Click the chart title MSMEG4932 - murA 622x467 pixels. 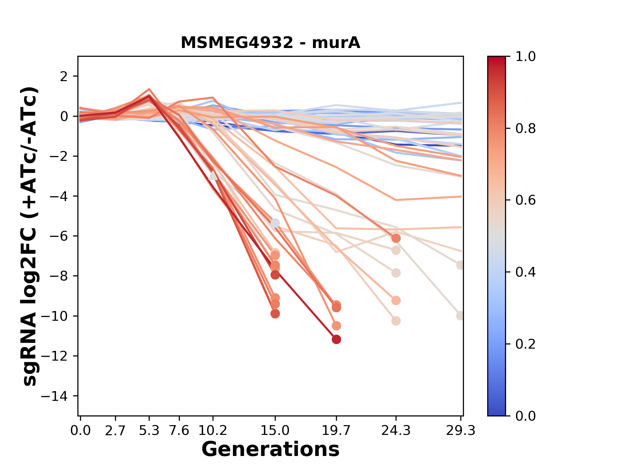pos(270,43)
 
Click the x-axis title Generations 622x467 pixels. pos(270,449)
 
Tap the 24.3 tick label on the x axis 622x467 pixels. pos(396,431)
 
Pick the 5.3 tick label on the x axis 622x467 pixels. pos(149,431)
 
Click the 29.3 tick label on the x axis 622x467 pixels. pos(460,431)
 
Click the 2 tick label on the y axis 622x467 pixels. pos(64,77)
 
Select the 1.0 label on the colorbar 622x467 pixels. pos(525,57)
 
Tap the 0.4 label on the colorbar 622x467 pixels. pos(525,272)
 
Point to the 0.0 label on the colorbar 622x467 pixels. pos(525,416)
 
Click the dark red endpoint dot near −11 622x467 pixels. pos(336,340)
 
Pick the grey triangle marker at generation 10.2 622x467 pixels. pos(213,176)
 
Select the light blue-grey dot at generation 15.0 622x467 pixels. pos(275,223)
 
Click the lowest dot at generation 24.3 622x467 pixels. pos(396,321)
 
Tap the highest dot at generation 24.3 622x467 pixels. pos(396,238)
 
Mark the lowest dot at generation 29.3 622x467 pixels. pos(460,316)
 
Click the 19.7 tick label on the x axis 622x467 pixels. pos(336,431)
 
